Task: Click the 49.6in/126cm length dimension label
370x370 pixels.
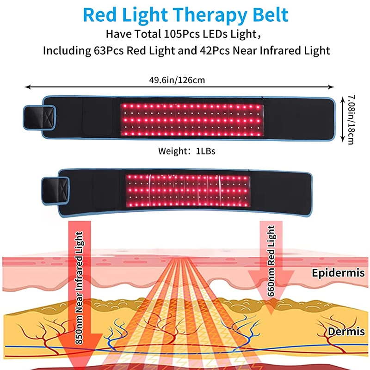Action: (179, 80)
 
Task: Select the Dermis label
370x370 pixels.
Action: (344, 332)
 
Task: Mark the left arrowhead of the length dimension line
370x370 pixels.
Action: (27, 86)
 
